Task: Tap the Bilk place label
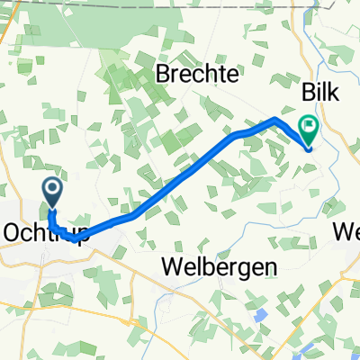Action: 320,94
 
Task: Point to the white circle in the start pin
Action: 52,188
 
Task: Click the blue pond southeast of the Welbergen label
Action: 261,316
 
